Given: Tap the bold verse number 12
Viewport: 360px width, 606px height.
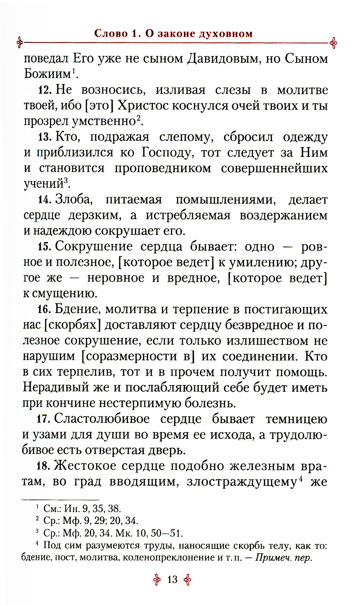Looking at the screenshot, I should click(x=45, y=90).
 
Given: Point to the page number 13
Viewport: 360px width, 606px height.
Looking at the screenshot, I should click(x=172, y=579).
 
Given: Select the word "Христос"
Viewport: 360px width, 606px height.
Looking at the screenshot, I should click(x=143, y=105).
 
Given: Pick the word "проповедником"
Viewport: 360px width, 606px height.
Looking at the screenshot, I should click(x=163, y=168).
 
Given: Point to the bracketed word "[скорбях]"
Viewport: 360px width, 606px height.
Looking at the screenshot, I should click(x=72, y=325).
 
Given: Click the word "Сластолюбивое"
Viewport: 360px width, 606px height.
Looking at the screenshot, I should click(x=102, y=419).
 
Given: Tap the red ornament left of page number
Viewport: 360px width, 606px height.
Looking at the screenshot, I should click(x=157, y=579).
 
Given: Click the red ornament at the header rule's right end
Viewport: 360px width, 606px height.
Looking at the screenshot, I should click(x=333, y=42).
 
